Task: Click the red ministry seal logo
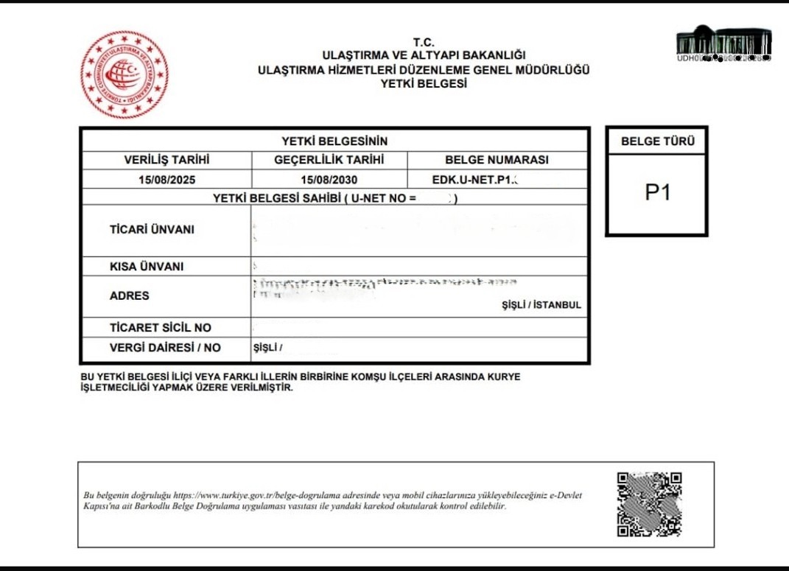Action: (x=125, y=74)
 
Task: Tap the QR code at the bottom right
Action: (x=649, y=504)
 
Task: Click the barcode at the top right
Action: (x=723, y=43)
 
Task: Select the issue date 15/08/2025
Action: (x=166, y=179)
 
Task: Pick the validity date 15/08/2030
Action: (x=329, y=179)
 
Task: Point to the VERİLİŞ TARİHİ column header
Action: (x=166, y=160)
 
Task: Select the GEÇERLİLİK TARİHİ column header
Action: (x=329, y=160)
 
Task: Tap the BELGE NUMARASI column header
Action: (x=497, y=160)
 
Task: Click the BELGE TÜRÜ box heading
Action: (x=657, y=141)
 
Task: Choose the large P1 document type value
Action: (x=657, y=193)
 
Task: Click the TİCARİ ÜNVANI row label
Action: (x=152, y=230)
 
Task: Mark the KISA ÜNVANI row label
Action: (x=147, y=267)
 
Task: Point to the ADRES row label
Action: (x=130, y=296)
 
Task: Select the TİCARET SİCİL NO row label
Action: (x=161, y=328)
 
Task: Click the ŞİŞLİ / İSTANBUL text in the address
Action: (x=541, y=305)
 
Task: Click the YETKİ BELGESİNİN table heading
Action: (x=334, y=141)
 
